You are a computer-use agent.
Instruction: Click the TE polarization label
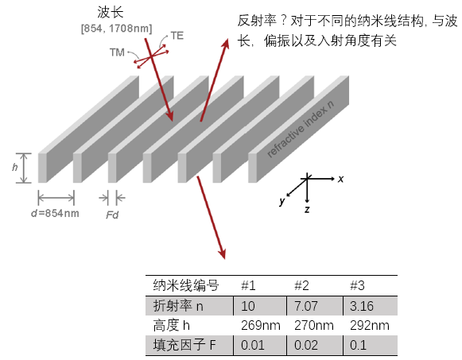pos(177,36)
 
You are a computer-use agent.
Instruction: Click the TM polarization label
pos(117,52)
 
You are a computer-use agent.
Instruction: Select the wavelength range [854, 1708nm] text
pos(116,29)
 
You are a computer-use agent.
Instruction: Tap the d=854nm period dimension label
pos(55,213)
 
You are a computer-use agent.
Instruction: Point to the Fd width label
pos(112,215)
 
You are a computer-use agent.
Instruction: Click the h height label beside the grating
pos(15,167)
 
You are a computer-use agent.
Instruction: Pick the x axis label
pos(340,179)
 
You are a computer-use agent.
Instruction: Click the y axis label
pos(282,201)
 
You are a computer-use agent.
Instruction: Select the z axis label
pos(307,209)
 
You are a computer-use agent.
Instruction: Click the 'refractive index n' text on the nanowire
pos(301,129)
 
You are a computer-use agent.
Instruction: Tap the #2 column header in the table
pos(301,285)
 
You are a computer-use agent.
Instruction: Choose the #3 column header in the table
pos(357,285)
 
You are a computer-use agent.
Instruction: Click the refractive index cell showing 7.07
pos(306,306)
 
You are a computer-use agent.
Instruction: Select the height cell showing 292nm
pos(370,326)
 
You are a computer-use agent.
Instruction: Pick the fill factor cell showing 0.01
pos(253,345)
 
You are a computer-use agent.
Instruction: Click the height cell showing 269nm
pos(261,326)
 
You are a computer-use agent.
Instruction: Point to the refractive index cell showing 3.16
pos(362,306)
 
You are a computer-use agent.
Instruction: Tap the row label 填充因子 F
pos(184,345)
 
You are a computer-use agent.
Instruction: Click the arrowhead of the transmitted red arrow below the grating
pos(223,254)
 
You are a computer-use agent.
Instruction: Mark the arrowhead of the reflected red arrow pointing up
pos(226,45)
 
